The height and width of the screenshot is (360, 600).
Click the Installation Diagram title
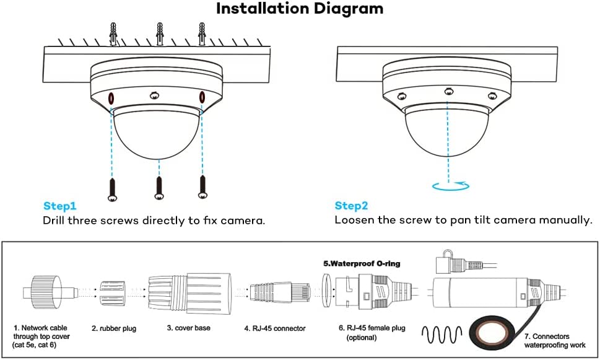[x=300, y=9]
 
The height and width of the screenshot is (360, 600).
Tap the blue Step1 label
[x=59, y=206]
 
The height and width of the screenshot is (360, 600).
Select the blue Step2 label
[x=351, y=206]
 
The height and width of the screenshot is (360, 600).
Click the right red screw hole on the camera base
[x=202, y=97]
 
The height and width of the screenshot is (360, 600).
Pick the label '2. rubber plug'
[x=113, y=328]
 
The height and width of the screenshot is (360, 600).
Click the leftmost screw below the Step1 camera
[x=112, y=188]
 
